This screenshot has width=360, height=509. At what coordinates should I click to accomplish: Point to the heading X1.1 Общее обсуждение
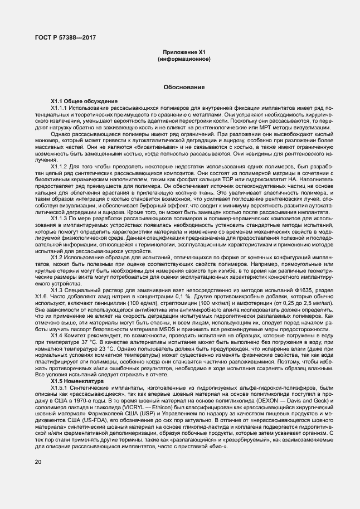click(80, 100)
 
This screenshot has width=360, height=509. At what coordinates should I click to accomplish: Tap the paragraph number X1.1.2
click(59, 166)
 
